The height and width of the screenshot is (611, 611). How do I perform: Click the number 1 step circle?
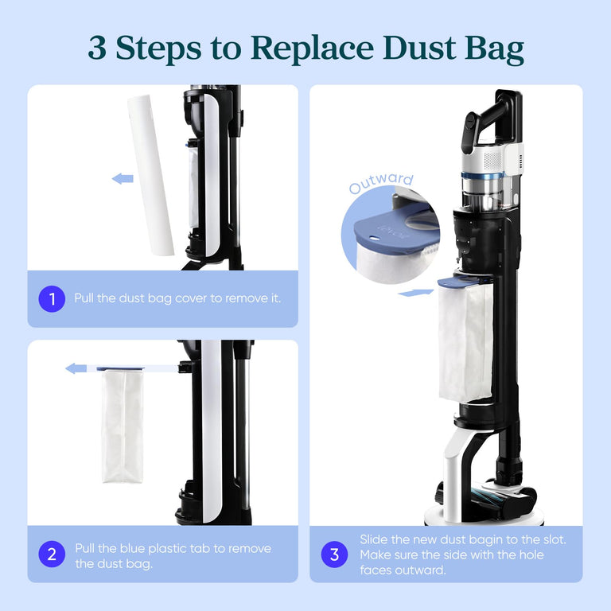coord(52,299)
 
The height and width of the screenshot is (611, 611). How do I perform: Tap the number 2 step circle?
coord(52,555)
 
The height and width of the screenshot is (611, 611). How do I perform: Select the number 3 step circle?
coord(334,555)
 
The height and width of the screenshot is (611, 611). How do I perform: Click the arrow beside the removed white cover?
coord(123,178)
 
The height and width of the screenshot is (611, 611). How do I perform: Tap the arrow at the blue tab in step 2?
coord(76,368)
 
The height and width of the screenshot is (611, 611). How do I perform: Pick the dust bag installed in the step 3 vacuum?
coord(465,342)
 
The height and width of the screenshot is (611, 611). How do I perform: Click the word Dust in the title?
coord(420,49)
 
